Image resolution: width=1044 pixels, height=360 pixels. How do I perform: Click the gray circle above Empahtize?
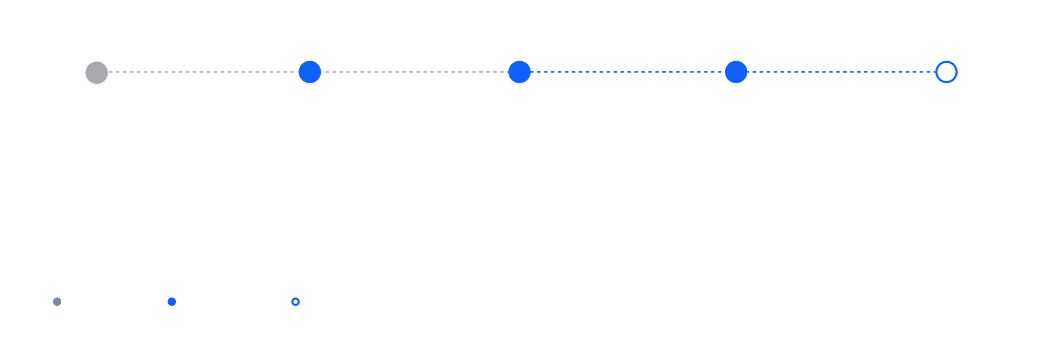[96, 72]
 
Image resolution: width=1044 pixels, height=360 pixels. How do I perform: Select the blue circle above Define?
[309, 72]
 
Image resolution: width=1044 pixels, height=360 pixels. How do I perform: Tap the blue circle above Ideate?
[519, 72]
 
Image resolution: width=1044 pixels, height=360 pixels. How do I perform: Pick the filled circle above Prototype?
[736, 72]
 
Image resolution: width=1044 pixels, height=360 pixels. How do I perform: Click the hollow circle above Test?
[946, 72]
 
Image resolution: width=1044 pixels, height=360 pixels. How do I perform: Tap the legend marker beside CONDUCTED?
[172, 302]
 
